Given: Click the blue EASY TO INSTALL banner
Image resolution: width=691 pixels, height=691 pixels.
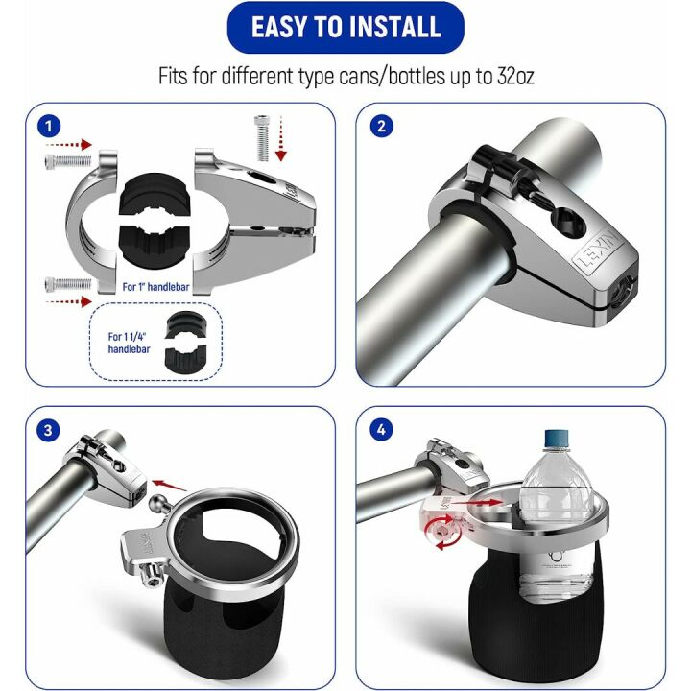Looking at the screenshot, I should pyautogui.click(x=345, y=28).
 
